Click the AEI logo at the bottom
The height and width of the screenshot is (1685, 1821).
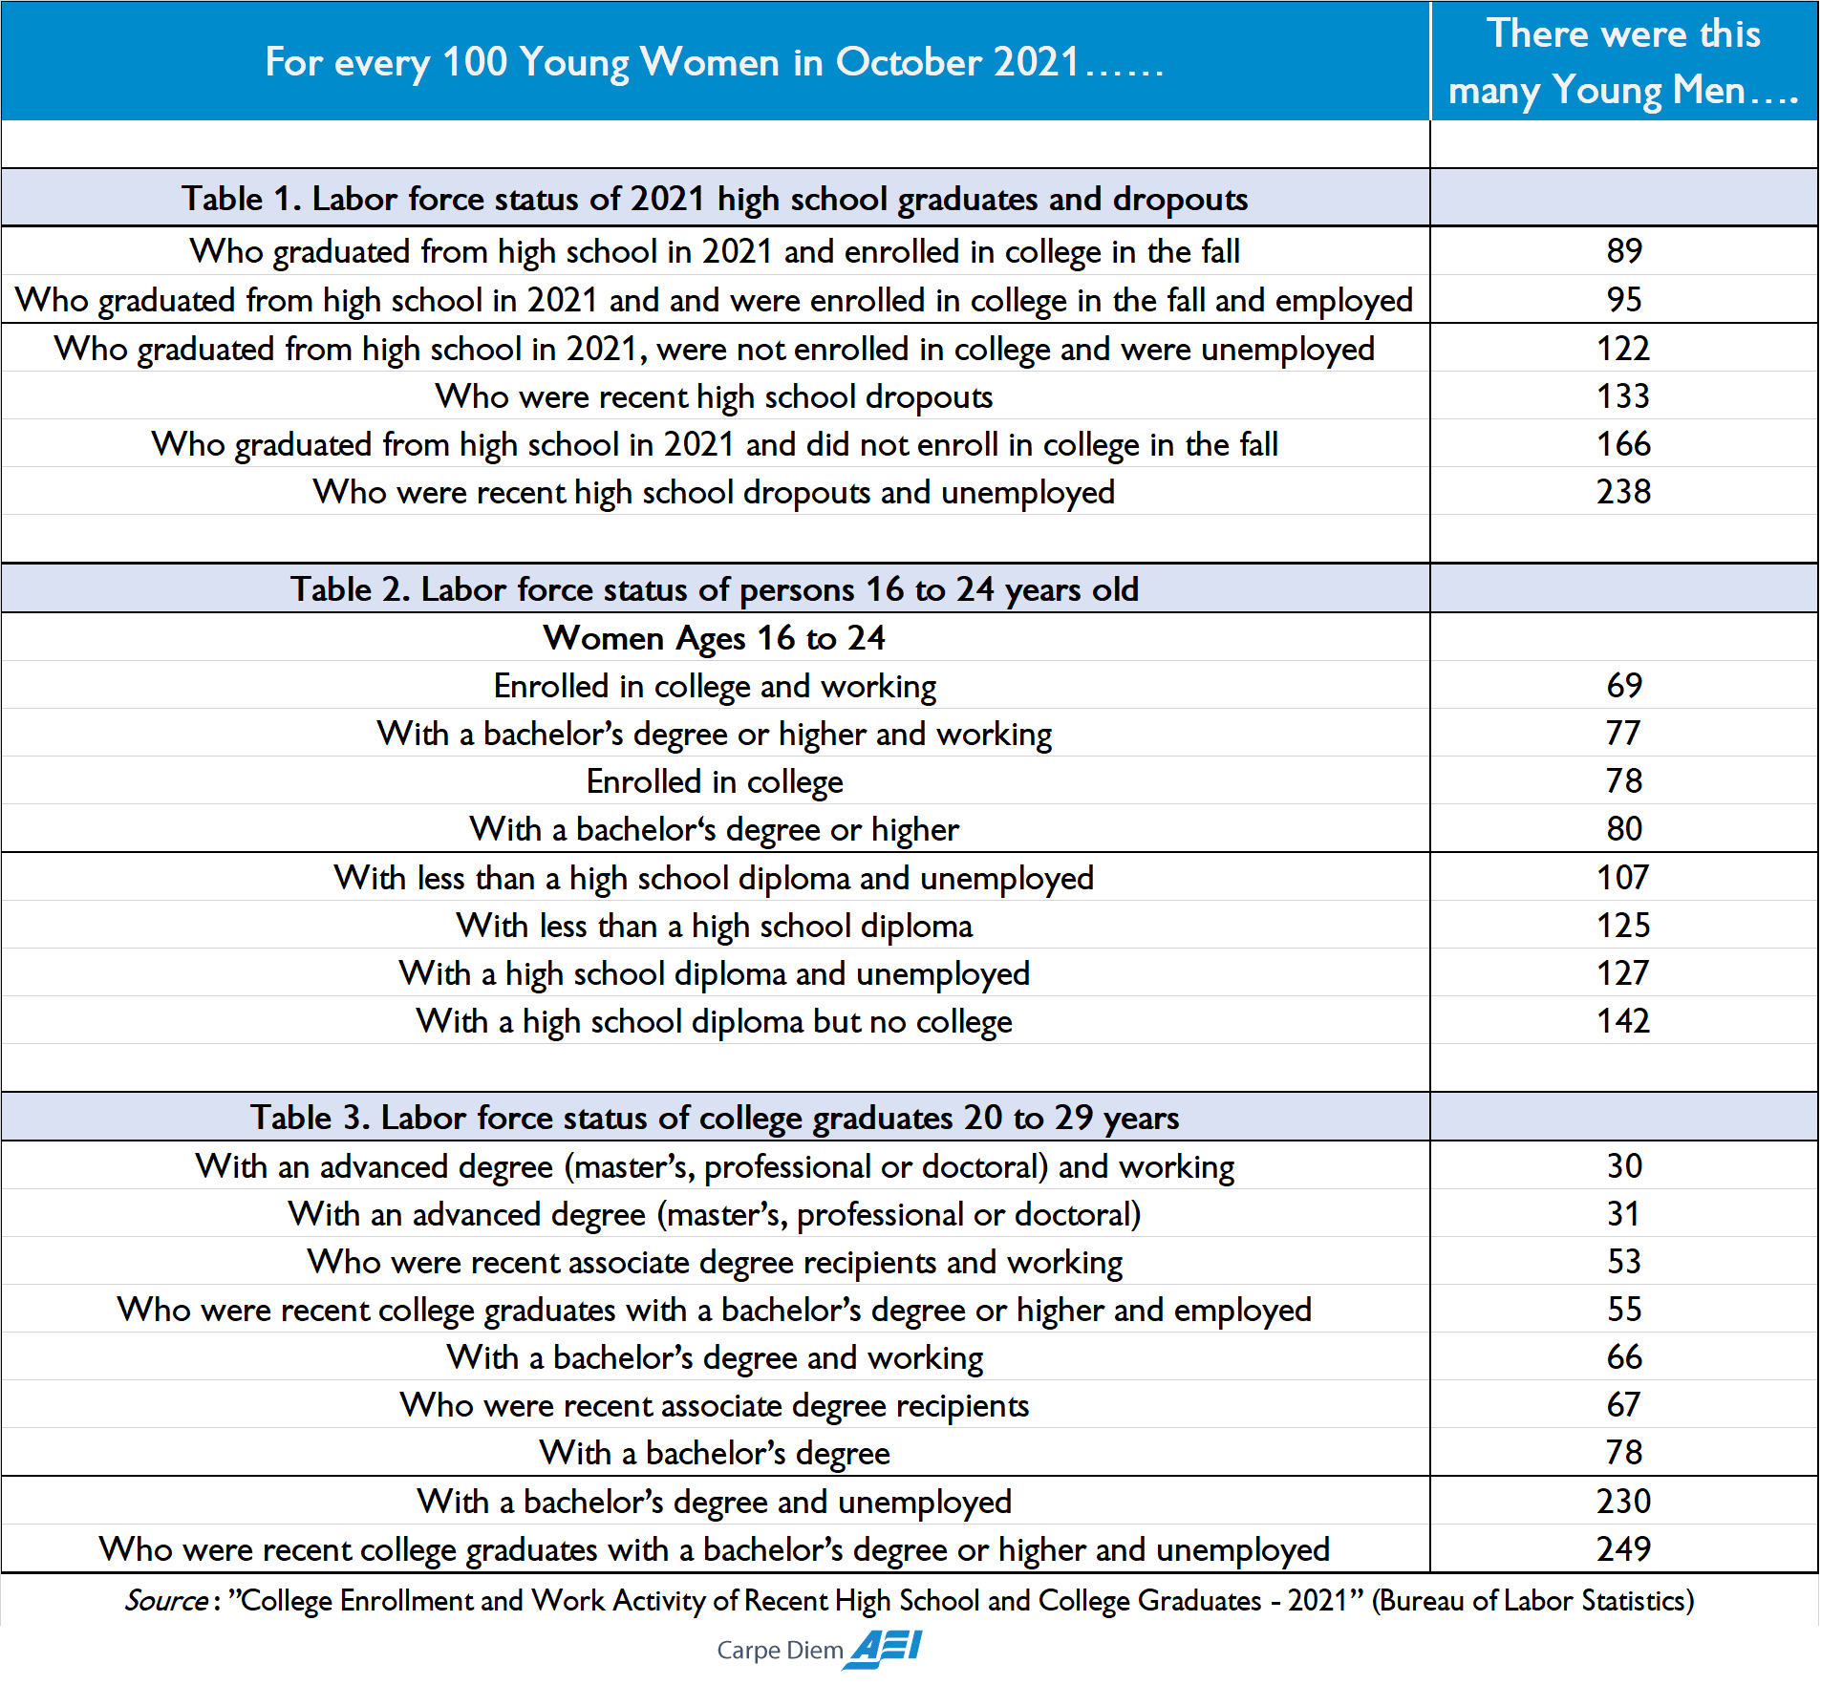point(885,1648)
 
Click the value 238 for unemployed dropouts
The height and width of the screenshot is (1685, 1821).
point(1623,492)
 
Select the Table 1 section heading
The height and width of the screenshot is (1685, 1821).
point(715,199)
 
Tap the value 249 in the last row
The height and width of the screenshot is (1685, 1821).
point(1623,1548)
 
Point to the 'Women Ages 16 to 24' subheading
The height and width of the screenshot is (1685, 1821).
point(715,637)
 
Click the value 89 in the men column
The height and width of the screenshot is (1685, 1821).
point(1623,251)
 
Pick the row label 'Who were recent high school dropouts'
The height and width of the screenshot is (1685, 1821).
point(715,396)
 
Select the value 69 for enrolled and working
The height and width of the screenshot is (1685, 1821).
point(1623,685)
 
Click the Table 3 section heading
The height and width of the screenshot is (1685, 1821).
point(715,1117)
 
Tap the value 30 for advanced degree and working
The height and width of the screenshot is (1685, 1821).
point(1623,1165)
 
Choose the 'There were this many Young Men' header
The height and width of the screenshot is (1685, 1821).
point(1623,62)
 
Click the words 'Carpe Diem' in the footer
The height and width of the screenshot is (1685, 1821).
point(780,1651)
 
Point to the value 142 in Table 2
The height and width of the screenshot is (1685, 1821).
point(1623,1021)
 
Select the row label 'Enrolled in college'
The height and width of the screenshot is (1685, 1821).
point(715,781)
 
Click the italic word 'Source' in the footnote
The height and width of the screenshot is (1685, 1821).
point(166,1600)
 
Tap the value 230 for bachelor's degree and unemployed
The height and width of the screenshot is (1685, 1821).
point(1623,1501)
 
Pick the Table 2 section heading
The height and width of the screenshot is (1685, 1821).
point(715,589)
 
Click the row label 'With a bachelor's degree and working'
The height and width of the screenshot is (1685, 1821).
point(715,1357)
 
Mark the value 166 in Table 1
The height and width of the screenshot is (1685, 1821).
point(1623,444)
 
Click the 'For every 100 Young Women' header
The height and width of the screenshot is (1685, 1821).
point(715,62)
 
